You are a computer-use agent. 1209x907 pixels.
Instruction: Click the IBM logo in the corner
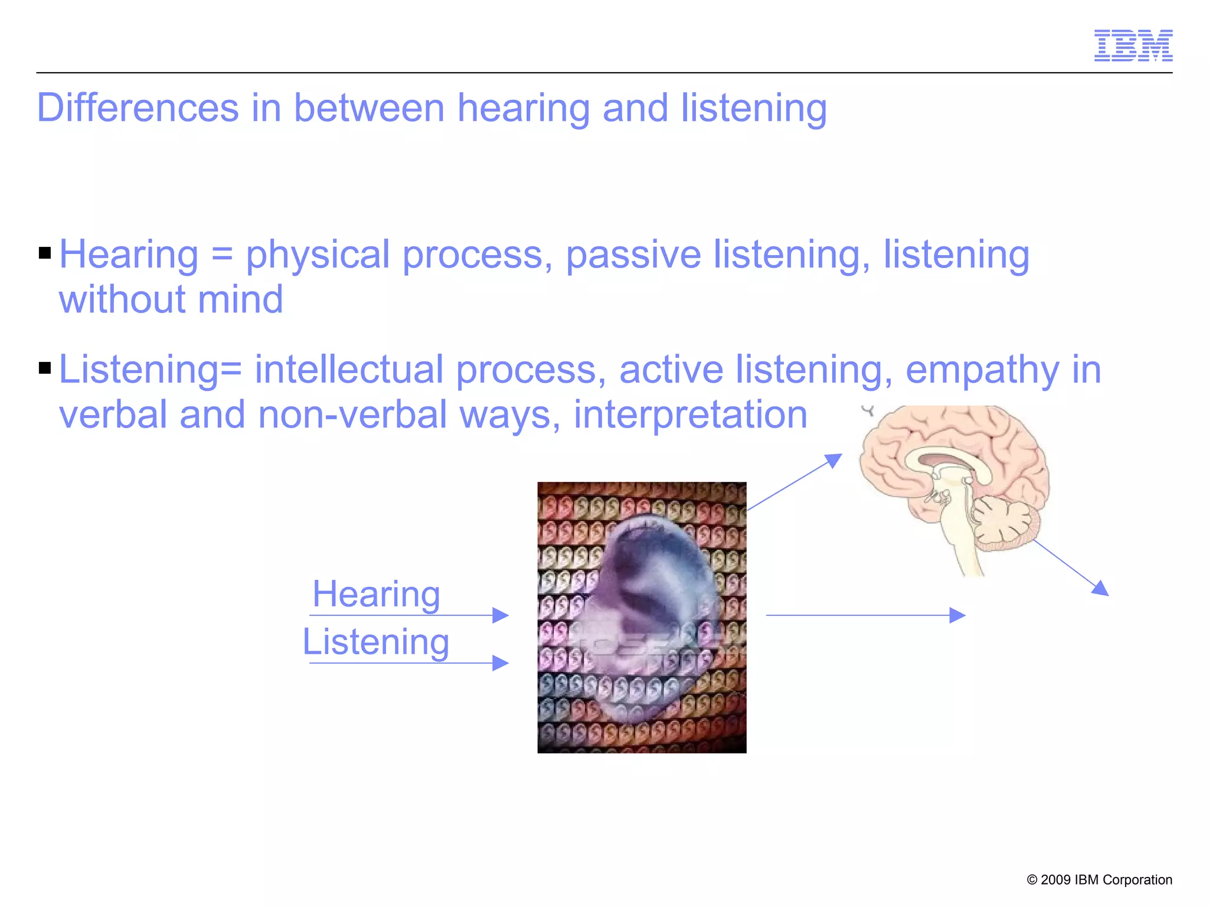(1133, 45)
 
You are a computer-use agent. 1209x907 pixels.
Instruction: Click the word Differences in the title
(138, 108)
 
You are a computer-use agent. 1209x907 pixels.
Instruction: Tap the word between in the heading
(369, 108)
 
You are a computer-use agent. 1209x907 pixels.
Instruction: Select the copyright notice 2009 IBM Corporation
(1099, 880)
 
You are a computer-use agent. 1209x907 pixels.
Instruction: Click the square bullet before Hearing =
(45, 254)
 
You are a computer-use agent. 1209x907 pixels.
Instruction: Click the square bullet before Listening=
(45, 369)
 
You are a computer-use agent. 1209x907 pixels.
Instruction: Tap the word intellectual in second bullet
(348, 370)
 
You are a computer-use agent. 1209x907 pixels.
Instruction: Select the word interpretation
(690, 415)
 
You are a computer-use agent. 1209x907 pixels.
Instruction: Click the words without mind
(171, 299)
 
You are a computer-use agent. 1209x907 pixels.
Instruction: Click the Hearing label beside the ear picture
(376, 594)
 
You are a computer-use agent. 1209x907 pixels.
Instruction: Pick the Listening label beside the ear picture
(376, 642)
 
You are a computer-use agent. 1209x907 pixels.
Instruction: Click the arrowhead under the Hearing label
(501, 615)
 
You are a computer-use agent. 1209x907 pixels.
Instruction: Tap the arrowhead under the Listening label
(501, 663)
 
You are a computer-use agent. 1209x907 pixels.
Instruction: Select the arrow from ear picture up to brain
(794, 482)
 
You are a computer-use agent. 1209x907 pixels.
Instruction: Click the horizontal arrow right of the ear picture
(865, 615)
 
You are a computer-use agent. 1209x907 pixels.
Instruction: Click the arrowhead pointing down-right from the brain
(1102, 589)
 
